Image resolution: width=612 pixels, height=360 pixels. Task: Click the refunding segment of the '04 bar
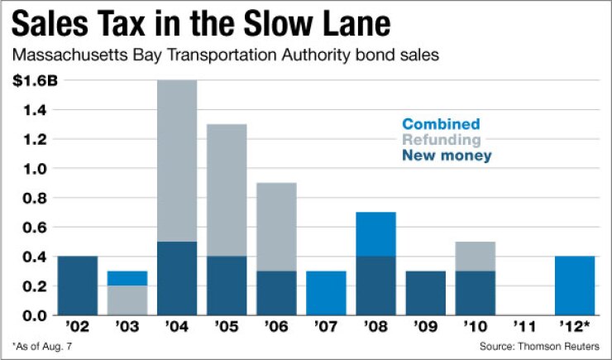tap(177, 161)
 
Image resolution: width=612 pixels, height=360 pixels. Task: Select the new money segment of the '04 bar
tap(177, 278)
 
